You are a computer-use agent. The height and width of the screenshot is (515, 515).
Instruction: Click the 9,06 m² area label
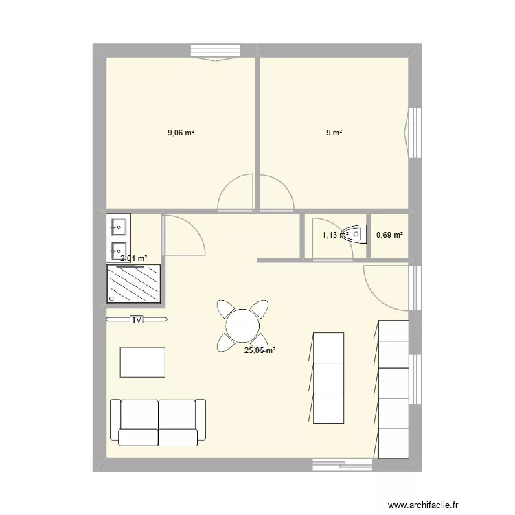[x=181, y=133]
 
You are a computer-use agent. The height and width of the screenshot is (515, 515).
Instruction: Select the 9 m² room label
[x=334, y=133]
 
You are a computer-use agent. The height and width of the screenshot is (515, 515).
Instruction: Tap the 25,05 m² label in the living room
[x=260, y=350]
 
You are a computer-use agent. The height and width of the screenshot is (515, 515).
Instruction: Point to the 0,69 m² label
[x=389, y=235]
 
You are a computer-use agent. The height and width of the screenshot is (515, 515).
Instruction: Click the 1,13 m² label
[x=335, y=235]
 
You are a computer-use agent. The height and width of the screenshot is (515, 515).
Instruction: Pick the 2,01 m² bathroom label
[x=134, y=259]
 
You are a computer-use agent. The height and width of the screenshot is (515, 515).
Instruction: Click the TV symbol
[x=137, y=319]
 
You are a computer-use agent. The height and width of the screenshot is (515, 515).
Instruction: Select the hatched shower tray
[x=133, y=284]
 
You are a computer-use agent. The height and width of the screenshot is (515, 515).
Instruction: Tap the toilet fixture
[x=354, y=233]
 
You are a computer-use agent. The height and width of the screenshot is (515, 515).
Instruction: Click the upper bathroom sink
[x=118, y=225]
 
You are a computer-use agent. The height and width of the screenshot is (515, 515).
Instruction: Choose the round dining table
[x=242, y=325]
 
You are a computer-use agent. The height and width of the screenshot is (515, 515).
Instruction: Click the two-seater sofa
[x=158, y=420]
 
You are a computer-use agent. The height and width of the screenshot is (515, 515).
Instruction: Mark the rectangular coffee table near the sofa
[x=143, y=362]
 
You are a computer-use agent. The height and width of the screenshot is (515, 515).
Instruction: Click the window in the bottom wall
[x=343, y=465]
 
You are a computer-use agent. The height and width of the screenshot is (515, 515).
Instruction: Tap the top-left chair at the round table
[x=225, y=308]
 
